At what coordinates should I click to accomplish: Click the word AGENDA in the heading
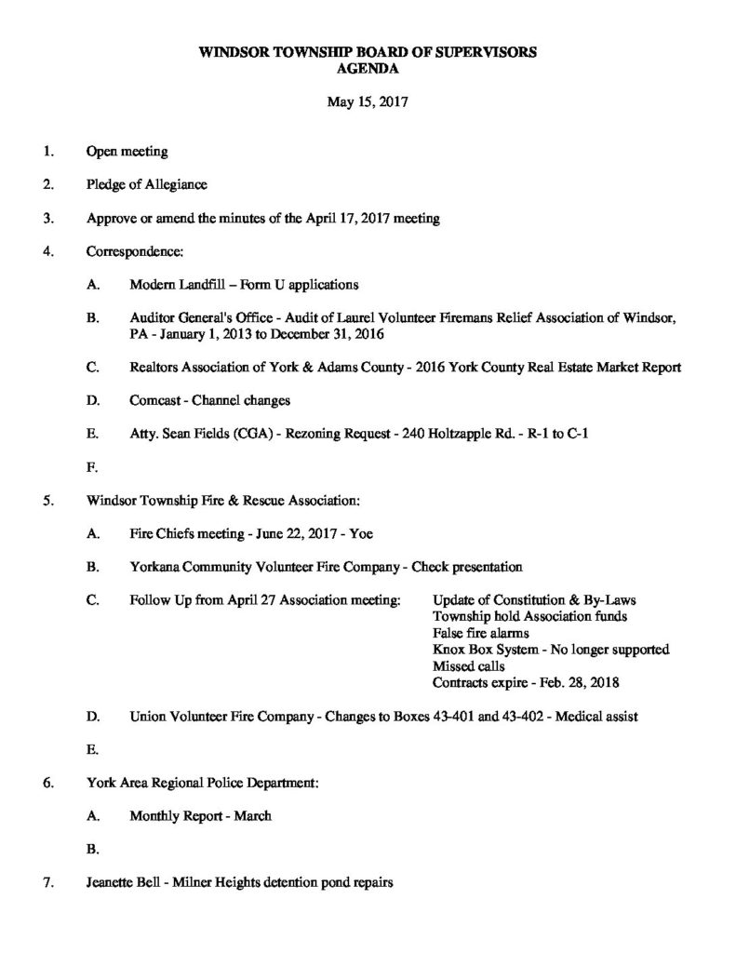point(368,69)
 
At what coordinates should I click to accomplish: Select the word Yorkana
point(156,567)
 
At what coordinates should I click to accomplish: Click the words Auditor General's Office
point(200,318)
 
